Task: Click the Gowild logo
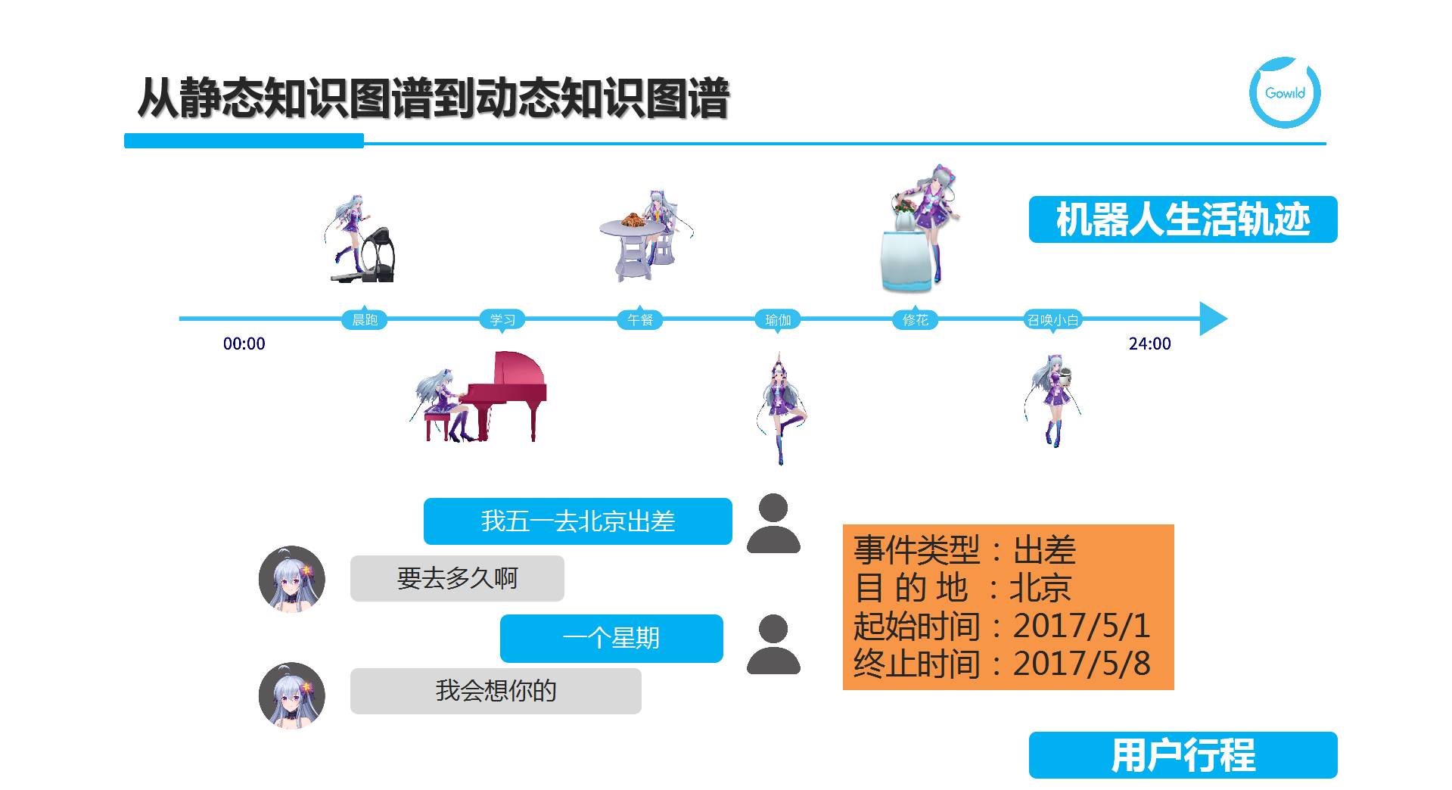point(1284,92)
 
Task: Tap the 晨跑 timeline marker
point(365,319)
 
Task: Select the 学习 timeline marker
point(502,319)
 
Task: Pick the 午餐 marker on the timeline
point(640,319)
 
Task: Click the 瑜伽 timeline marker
point(778,319)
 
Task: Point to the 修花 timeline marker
point(916,319)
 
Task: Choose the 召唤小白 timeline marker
point(1052,319)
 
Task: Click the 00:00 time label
point(244,344)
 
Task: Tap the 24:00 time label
point(1149,344)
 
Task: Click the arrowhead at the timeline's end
point(1212,319)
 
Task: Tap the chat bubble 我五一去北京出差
point(577,521)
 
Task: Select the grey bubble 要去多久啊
point(457,579)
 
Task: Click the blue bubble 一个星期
point(611,638)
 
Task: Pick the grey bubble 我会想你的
point(496,691)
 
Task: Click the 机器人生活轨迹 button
point(1183,219)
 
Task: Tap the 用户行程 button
point(1183,755)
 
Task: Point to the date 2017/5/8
point(1081,664)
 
